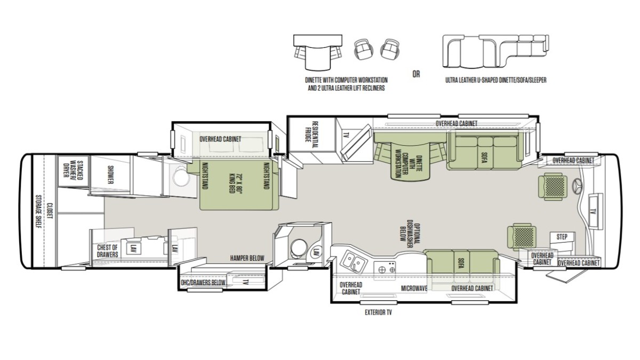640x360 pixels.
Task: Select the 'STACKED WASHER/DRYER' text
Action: tap(73, 171)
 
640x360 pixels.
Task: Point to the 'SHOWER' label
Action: tap(110, 175)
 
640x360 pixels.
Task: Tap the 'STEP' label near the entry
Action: tap(562, 237)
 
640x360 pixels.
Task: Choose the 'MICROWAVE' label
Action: tap(414, 289)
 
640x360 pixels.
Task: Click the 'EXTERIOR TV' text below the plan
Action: tap(378, 313)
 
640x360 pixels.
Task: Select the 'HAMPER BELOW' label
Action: tap(247, 258)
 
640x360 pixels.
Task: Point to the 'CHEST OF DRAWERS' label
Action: tap(107, 251)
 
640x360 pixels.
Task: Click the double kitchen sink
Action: tap(353, 261)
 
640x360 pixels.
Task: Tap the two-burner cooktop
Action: tap(386, 269)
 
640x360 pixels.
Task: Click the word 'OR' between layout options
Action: tap(416, 74)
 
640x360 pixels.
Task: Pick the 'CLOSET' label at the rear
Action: tap(50, 211)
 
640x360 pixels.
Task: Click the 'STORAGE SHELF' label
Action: tap(38, 212)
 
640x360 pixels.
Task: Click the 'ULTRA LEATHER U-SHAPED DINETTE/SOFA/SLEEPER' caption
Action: tap(495, 80)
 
